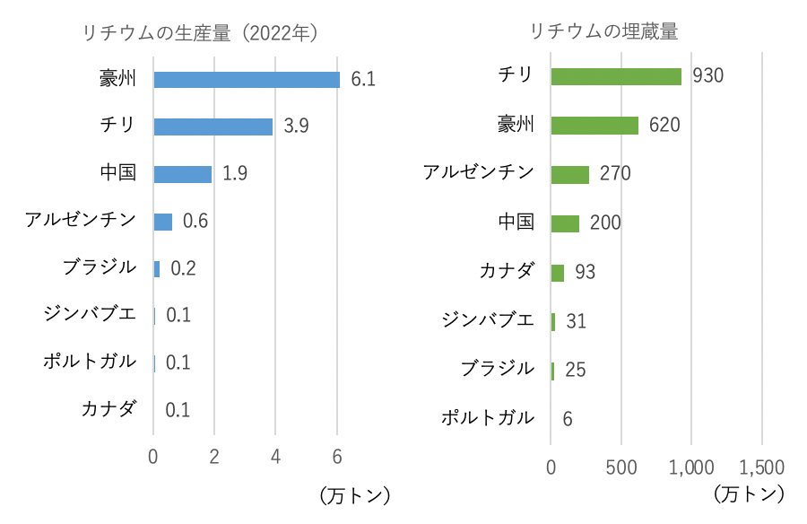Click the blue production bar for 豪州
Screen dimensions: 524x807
tap(247, 80)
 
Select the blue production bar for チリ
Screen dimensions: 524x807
tap(213, 127)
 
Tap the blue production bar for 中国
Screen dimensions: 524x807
tap(182, 174)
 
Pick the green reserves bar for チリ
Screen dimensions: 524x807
tap(616, 76)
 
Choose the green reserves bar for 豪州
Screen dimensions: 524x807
tap(594, 125)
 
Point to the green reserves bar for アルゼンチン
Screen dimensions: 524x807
tap(570, 174)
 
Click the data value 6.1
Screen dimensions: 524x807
tap(363, 80)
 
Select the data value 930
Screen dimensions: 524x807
tap(708, 76)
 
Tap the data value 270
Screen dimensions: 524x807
tap(615, 174)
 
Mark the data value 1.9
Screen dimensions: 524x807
tap(235, 174)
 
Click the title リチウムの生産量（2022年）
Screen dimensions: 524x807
tap(201, 33)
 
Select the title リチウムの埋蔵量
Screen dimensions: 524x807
tap(603, 31)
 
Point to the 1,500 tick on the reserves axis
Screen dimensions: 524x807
tap(761, 467)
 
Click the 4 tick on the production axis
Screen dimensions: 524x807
tap(275, 456)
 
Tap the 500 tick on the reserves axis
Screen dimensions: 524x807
tap(620, 467)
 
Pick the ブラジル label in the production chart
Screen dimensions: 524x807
tap(100, 267)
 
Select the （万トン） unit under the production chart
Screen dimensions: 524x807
tap(355, 494)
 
